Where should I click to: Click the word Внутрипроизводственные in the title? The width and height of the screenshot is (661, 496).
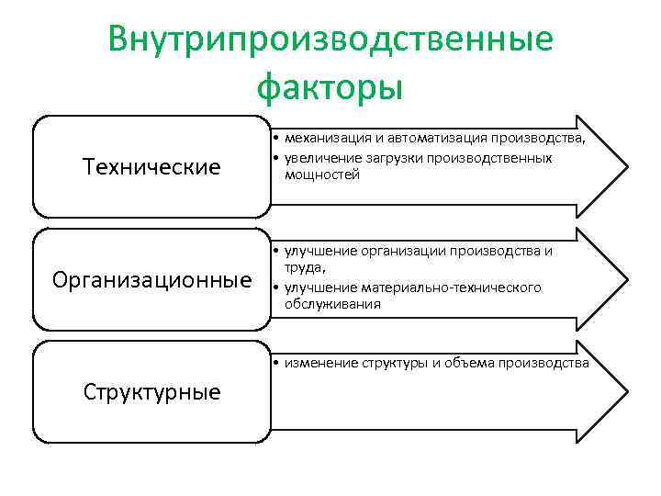click(x=330, y=40)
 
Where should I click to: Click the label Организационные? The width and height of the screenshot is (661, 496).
click(x=151, y=278)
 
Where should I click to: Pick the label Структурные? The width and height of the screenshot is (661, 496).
click(x=151, y=392)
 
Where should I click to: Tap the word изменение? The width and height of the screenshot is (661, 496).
click(x=321, y=363)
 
